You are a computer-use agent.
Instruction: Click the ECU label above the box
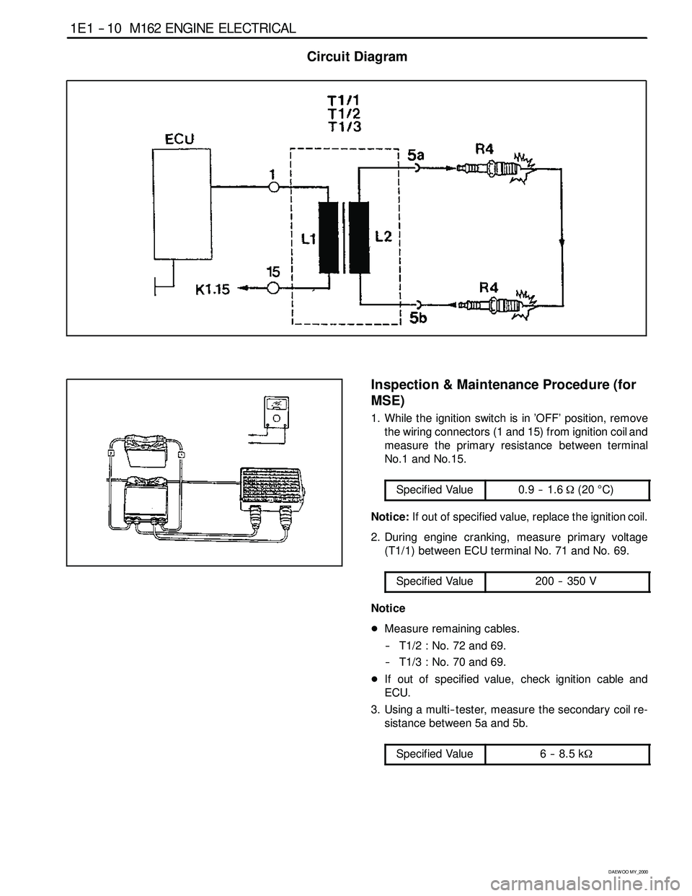click(179, 139)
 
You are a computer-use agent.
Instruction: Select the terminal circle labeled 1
click(273, 187)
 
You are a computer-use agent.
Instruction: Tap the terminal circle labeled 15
click(272, 289)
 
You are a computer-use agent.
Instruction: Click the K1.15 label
click(212, 289)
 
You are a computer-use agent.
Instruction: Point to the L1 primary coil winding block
click(329, 237)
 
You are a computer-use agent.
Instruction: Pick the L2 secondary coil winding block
click(359, 237)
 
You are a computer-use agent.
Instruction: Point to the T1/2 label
click(344, 113)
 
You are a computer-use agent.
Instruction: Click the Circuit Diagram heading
click(357, 56)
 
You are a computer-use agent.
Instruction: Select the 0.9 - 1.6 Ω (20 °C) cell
click(567, 490)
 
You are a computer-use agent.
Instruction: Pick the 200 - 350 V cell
click(567, 581)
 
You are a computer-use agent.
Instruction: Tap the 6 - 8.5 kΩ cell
click(567, 754)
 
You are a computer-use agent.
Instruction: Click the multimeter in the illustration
click(276, 412)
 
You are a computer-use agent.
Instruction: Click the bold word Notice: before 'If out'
click(390, 517)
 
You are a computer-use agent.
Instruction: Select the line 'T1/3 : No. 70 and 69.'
click(452, 662)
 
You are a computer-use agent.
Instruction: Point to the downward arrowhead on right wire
click(562, 242)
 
